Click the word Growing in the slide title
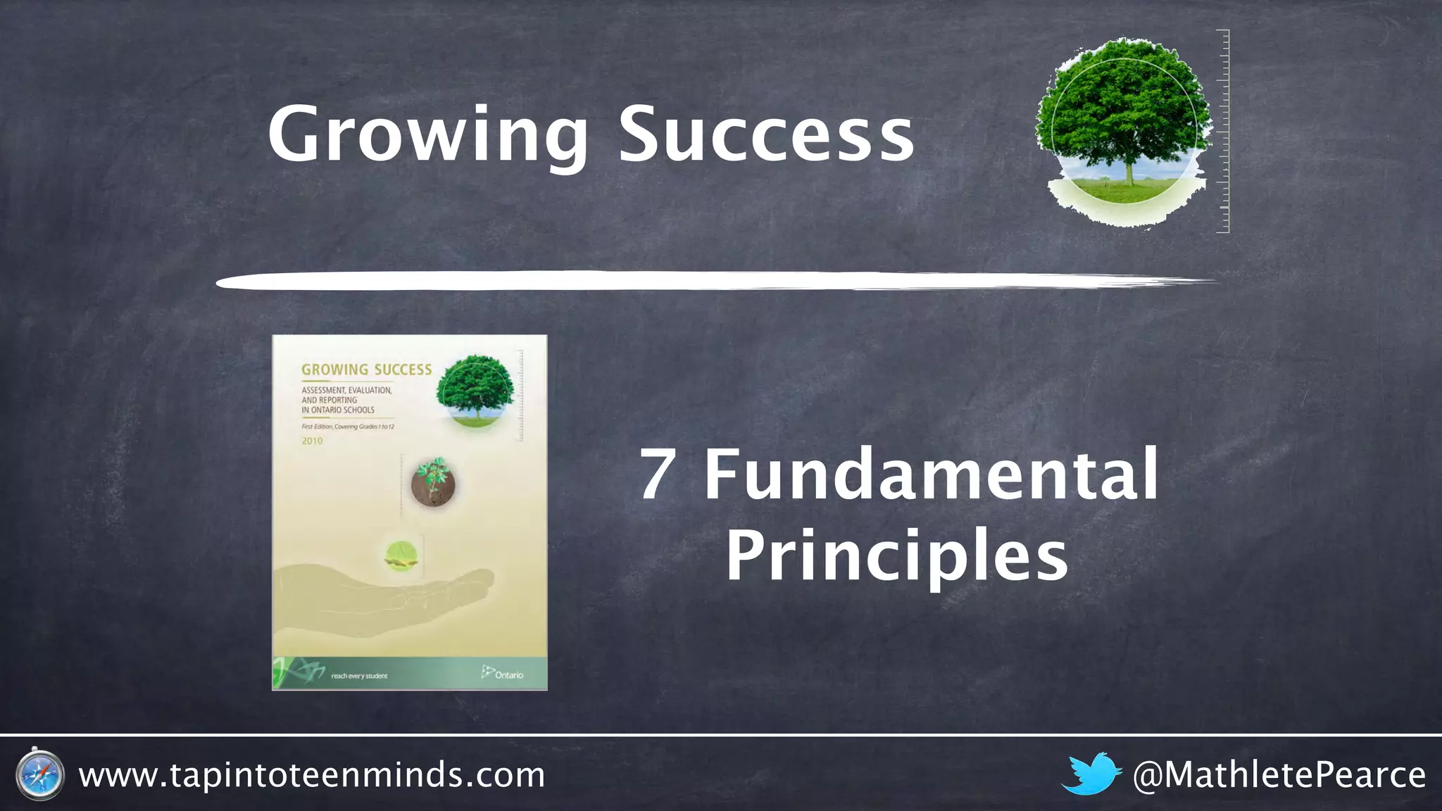427,134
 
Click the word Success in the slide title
766,134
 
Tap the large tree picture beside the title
1125,130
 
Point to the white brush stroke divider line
704,282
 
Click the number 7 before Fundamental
657,475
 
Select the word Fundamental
931,475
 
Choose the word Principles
897,556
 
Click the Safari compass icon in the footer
39,775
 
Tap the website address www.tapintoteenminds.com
312,775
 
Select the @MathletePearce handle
1279,775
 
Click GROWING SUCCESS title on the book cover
366,370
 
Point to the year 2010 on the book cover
312,441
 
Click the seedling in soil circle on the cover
433,482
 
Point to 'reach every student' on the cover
359,676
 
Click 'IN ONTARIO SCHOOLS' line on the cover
338,410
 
